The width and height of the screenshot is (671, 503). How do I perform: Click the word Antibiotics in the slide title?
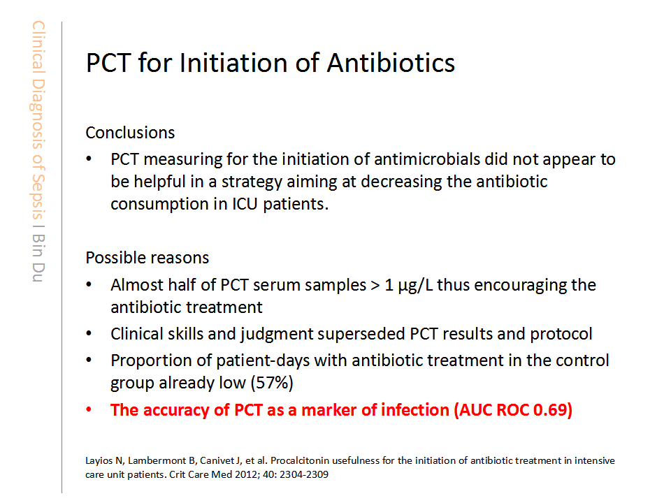click(391, 63)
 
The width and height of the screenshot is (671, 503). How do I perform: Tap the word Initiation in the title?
click(233, 63)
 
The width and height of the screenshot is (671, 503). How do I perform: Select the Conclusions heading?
click(130, 133)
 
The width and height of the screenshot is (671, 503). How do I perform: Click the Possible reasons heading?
click(147, 258)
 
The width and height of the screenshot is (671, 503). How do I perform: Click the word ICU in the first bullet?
click(245, 204)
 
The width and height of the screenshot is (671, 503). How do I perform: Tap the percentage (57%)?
click(272, 383)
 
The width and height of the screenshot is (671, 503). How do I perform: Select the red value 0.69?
click(550, 410)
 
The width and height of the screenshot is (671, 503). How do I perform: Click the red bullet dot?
click(89, 410)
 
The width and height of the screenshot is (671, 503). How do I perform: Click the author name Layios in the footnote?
click(99, 461)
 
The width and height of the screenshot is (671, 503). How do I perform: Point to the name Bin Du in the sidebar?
click(38, 258)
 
